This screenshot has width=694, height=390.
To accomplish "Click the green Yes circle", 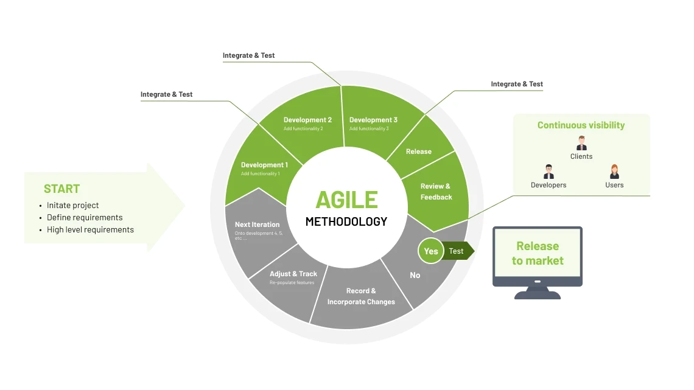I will (x=431, y=251).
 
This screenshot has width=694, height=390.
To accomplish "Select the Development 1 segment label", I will (x=264, y=165).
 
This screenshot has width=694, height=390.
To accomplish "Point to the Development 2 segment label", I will (x=307, y=120).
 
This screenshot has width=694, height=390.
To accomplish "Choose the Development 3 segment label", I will (x=373, y=120).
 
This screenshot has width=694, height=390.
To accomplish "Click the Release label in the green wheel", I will (x=419, y=151).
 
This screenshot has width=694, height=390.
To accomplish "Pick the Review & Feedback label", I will (x=436, y=192).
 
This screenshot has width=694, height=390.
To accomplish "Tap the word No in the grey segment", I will (x=415, y=275).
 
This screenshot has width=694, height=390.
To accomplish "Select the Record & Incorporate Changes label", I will (x=361, y=296).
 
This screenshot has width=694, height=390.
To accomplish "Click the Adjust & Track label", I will (x=293, y=274).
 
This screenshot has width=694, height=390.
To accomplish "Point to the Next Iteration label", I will (x=258, y=225).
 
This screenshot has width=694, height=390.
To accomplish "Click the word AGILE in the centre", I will (x=346, y=200).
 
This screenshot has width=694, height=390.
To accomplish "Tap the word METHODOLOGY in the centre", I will (x=346, y=221).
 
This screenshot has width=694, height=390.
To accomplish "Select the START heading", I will (x=61, y=189).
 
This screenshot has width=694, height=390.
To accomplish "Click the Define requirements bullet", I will (x=85, y=217).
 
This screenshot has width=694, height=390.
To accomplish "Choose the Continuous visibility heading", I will (x=581, y=125).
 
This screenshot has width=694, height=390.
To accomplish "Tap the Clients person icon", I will (x=581, y=144).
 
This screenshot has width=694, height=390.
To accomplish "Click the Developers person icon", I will (x=549, y=172).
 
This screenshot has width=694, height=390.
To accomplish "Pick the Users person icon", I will (x=614, y=172).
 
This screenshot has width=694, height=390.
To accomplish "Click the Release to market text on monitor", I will (x=538, y=253).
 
